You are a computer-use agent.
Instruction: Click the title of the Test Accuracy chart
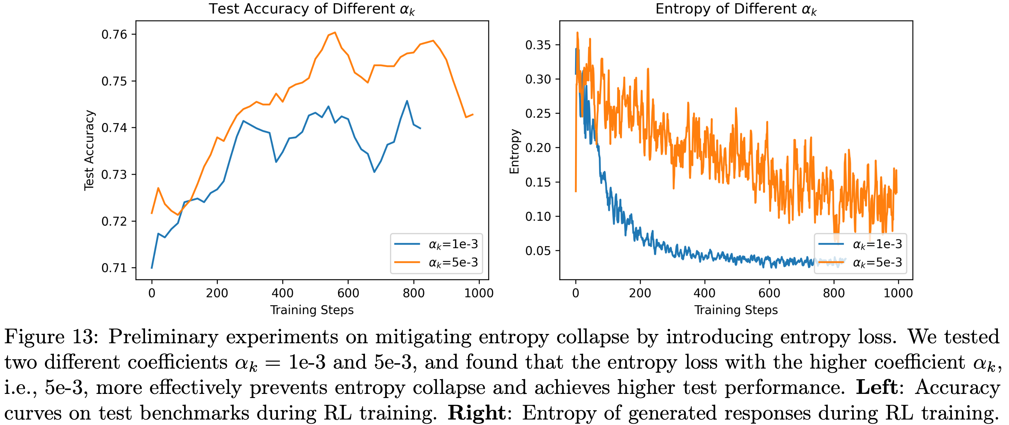coord(311,9)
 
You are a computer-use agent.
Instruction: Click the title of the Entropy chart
coord(736,9)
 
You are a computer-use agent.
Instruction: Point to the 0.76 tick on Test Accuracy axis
coord(114,34)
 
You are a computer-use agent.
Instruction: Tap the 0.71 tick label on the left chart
coord(114,268)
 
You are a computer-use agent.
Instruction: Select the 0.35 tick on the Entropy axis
coord(538,45)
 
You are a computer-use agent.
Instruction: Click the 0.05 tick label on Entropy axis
coord(538,251)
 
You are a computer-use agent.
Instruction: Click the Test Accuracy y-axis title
coord(89,150)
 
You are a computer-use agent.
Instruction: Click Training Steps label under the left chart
coord(312,310)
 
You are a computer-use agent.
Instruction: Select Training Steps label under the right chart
coord(736,310)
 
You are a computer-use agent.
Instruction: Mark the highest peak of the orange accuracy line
coord(335,32)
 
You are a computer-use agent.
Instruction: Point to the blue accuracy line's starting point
coord(152,268)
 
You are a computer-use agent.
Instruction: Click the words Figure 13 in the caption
coord(51,337)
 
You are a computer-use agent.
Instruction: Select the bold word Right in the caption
coord(476,413)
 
